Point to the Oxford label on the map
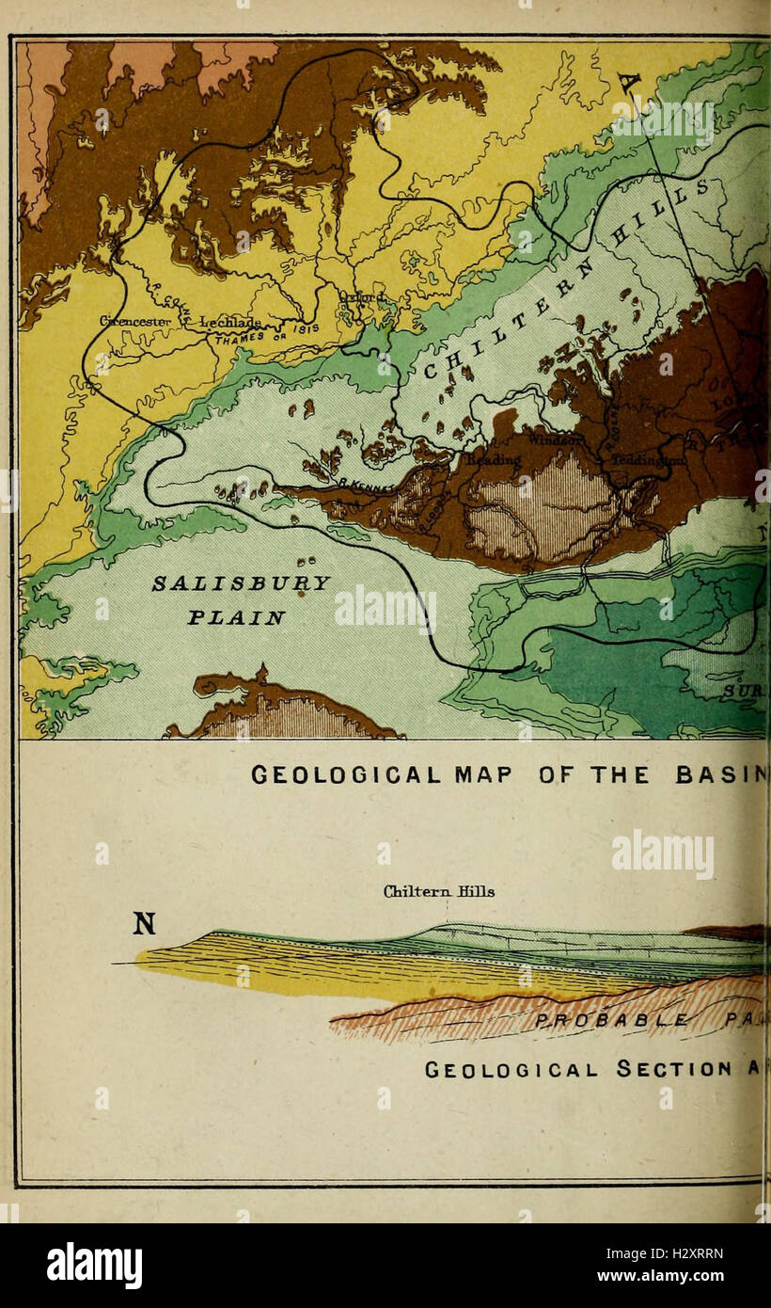362,298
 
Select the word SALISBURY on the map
242,582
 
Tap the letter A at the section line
629,86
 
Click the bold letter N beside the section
143,924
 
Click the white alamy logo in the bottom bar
94,1266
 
